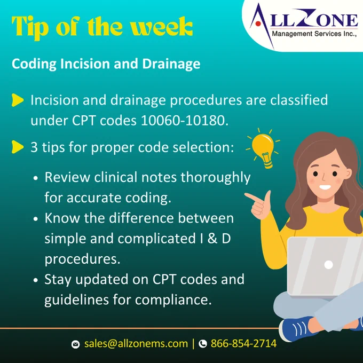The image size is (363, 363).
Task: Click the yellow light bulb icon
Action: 263,148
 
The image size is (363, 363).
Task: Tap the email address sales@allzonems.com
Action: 136,344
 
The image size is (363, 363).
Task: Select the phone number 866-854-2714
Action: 243,344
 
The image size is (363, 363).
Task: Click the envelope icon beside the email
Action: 75,344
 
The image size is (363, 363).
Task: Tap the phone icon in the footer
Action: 203,344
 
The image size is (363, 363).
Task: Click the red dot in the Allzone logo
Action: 258,23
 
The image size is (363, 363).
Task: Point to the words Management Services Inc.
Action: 314,34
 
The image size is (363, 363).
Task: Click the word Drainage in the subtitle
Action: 171,64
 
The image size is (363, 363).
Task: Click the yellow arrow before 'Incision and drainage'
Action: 18,100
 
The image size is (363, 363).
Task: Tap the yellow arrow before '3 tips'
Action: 18,147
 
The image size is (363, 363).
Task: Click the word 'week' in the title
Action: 161,27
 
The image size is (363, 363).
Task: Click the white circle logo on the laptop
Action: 328,265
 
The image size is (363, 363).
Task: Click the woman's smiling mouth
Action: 325,187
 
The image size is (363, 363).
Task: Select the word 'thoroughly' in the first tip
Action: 216,178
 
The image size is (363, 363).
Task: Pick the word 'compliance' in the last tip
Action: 173,300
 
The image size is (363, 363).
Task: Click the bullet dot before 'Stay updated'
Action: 35,280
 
